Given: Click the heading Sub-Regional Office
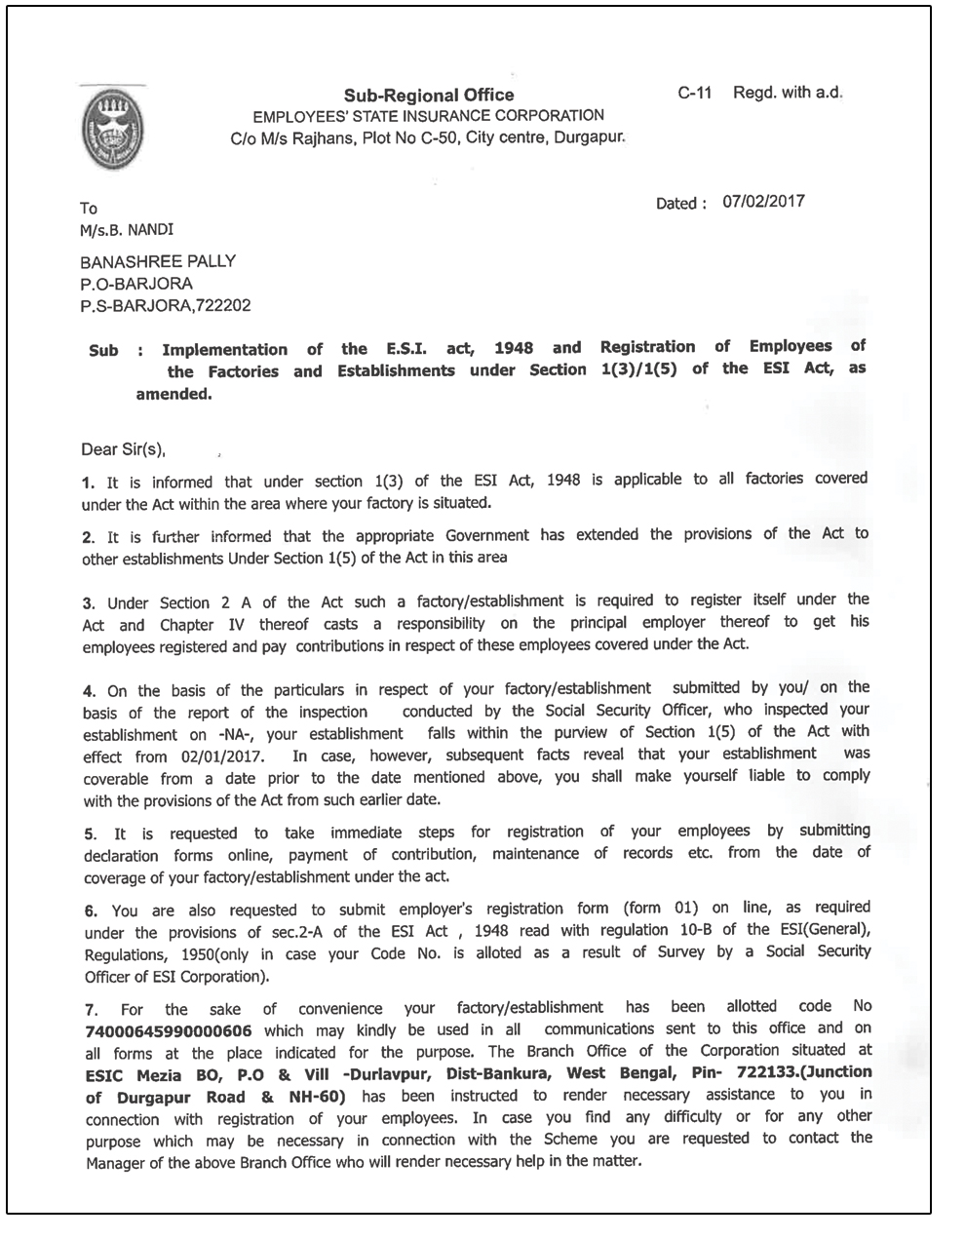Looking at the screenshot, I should (x=428, y=95).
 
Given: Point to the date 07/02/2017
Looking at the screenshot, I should (x=763, y=202).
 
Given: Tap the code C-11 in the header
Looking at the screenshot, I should (x=695, y=93).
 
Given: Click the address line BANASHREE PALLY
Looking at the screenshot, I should (x=157, y=261).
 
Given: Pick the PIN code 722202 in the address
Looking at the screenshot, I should (x=223, y=305).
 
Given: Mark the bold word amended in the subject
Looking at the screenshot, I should (x=174, y=395).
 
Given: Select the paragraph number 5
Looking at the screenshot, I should (x=90, y=834).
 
